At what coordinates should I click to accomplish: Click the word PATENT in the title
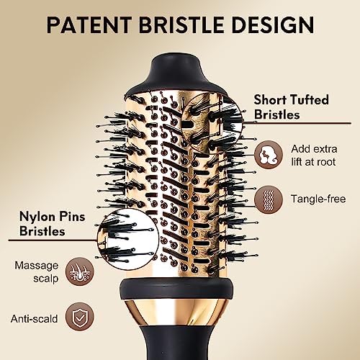click(x=89, y=24)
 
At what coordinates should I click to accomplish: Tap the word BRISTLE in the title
click(x=181, y=24)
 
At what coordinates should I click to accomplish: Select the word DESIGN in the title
click(x=273, y=24)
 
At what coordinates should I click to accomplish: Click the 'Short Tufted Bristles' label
click(x=291, y=107)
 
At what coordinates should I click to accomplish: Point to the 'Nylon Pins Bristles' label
click(x=52, y=224)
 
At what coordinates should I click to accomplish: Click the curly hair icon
click(x=269, y=155)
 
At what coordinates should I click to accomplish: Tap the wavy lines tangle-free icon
click(x=269, y=199)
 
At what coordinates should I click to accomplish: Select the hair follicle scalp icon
click(x=80, y=271)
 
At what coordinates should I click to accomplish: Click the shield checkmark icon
click(x=80, y=317)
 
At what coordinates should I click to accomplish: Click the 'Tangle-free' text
click(x=318, y=199)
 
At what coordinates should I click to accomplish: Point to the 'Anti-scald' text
click(x=34, y=319)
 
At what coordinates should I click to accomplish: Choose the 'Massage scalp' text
click(x=37, y=272)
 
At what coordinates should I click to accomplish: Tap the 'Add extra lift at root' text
click(x=314, y=156)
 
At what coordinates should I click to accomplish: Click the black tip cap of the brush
click(x=176, y=73)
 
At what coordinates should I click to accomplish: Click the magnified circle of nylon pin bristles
click(x=128, y=238)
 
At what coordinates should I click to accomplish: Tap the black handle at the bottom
click(x=176, y=343)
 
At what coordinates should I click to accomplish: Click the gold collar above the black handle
click(x=176, y=312)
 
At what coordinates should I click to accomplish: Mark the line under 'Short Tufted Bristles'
click(x=297, y=123)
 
